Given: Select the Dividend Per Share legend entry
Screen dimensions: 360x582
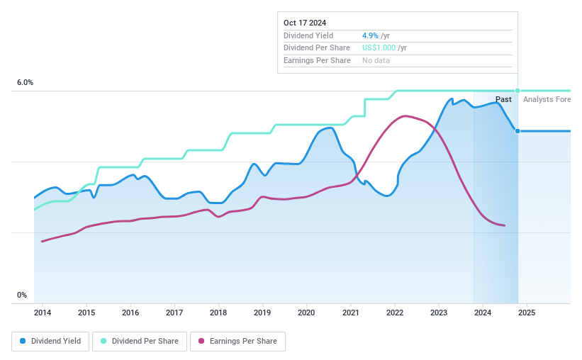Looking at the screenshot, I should point(141,341).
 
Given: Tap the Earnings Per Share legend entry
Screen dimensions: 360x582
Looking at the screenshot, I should point(237,341).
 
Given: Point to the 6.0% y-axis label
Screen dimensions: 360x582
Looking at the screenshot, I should point(25,83).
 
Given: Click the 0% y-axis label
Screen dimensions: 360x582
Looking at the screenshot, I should point(21,296).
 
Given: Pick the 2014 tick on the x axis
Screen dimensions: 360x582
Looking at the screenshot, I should point(43,313).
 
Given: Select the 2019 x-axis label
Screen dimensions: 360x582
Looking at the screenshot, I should point(262,313).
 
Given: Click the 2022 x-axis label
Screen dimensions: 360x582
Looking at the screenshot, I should point(394,313).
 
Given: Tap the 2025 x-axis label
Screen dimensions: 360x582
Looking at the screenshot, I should point(527,313).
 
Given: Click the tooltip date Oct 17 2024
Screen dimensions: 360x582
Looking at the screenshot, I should point(305,23).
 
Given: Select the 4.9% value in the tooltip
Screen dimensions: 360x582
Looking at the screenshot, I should point(370,35).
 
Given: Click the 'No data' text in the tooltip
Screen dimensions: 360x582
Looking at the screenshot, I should point(376,60).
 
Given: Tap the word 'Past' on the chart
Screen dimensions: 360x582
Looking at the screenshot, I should point(503,100).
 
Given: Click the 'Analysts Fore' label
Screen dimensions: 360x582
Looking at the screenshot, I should point(546,100).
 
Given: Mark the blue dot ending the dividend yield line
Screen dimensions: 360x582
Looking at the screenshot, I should point(517,131).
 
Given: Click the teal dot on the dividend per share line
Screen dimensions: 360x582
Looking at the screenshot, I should point(517,91).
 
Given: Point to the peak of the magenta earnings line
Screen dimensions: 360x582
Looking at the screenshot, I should point(404,116).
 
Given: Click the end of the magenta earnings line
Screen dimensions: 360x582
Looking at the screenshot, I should point(504,225).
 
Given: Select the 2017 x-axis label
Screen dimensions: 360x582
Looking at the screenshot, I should point(174,313).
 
